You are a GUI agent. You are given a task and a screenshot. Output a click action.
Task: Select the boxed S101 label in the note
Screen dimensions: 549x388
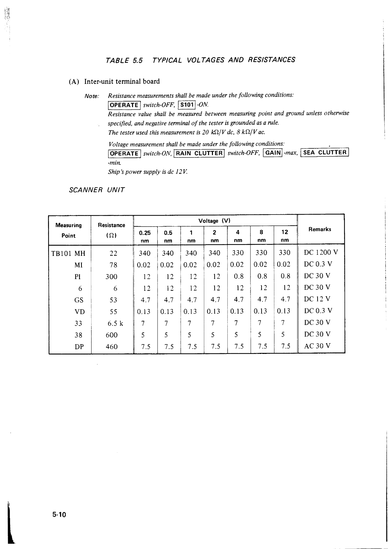tap(187, 105)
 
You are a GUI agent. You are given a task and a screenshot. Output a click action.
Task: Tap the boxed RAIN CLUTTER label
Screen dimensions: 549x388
tap(199, 153)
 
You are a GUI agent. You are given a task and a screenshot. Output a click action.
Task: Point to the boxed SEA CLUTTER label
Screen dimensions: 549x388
tap(325, 152)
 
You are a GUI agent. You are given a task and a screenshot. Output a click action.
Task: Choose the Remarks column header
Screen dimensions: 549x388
tap(320, 229)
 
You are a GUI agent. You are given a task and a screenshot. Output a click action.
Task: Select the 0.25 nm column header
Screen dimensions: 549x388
tap(145, 236)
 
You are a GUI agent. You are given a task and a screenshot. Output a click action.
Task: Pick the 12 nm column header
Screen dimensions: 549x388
tap(285, 236)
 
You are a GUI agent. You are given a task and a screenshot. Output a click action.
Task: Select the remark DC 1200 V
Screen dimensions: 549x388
tap(321, 253)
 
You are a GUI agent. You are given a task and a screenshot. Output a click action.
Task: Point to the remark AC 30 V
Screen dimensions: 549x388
tap(317, 346)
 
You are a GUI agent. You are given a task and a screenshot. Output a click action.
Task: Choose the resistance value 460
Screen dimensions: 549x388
tap(112, 346)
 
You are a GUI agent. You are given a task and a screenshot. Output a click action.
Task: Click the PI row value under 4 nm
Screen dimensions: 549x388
tap(239, 276)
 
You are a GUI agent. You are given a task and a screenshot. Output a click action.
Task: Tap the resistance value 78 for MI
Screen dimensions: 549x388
tap(113, 265)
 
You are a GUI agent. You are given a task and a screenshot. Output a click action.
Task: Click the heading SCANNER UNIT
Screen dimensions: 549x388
tap(97, 190)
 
